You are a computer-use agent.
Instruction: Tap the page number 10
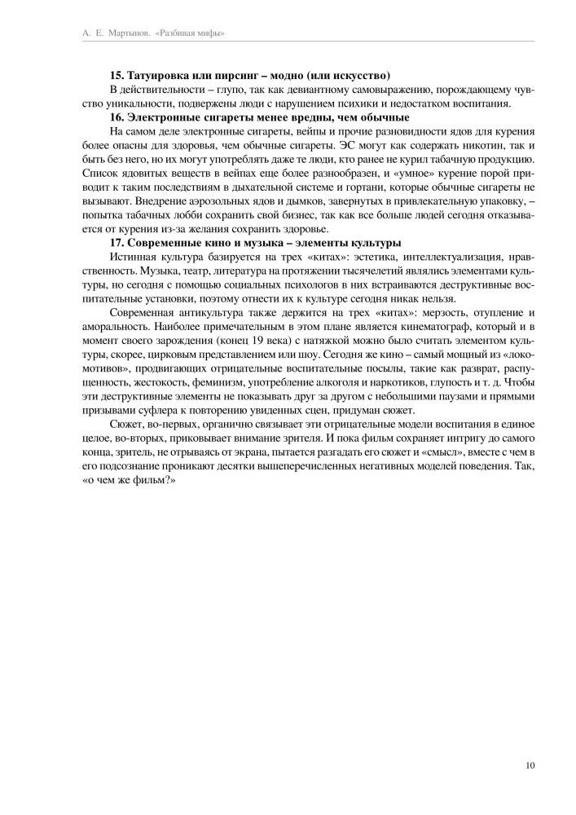pos(530,764)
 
